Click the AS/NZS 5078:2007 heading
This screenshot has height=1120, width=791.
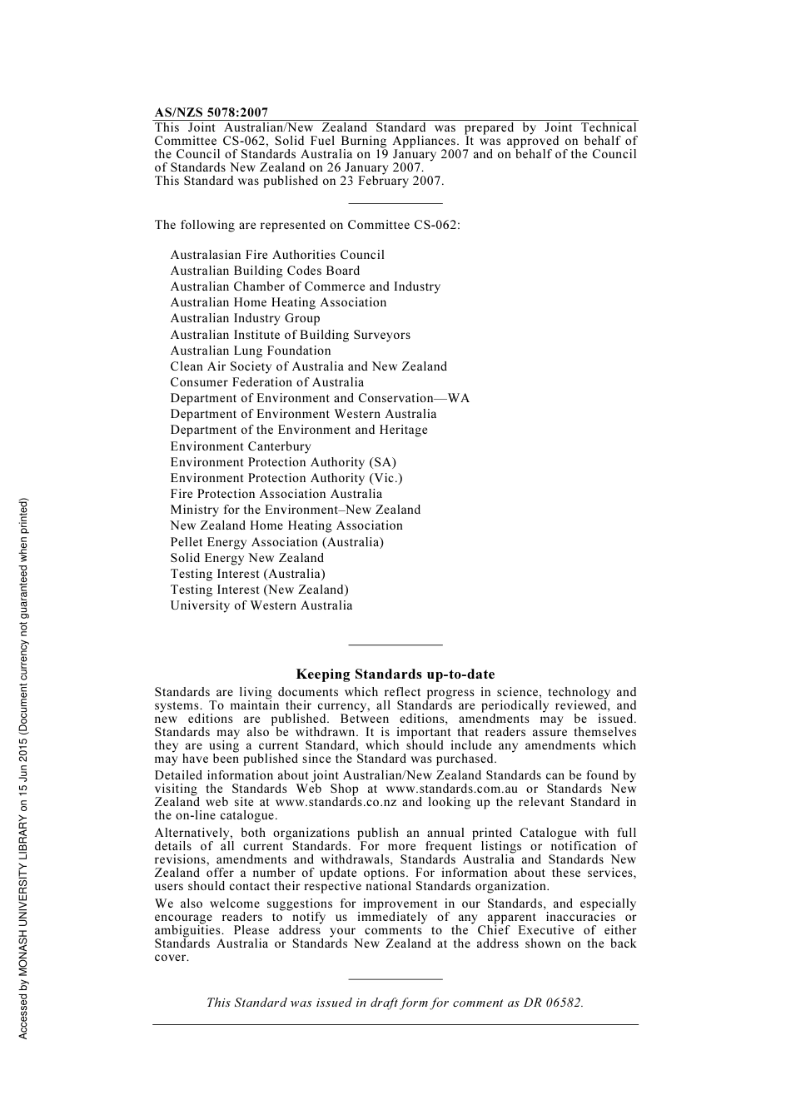tap(211, 112)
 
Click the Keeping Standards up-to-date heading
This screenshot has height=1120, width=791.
tap(395, 674)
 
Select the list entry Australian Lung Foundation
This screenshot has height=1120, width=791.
tap(251, 351)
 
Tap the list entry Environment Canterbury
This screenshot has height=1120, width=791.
tap(241, 446)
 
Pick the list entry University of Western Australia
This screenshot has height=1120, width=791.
tap(261, 605)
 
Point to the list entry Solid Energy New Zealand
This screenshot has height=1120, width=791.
tap(247, 558)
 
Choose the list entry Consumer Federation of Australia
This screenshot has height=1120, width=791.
tap(267, 382)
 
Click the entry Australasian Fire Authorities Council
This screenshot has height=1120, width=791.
tap(277, 255)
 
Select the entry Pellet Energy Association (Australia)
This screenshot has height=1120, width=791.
tap(277, 542)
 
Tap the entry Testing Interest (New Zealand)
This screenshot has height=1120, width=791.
tap(260, 590)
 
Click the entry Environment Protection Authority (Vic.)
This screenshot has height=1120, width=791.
tap(286, 478)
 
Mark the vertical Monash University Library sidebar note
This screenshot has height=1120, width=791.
tap(24, 768)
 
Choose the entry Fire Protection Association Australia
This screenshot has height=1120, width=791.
tap(276, 494)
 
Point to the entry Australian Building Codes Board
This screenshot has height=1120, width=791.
tap(265, 271)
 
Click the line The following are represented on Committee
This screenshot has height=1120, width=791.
tap(306, 225)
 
